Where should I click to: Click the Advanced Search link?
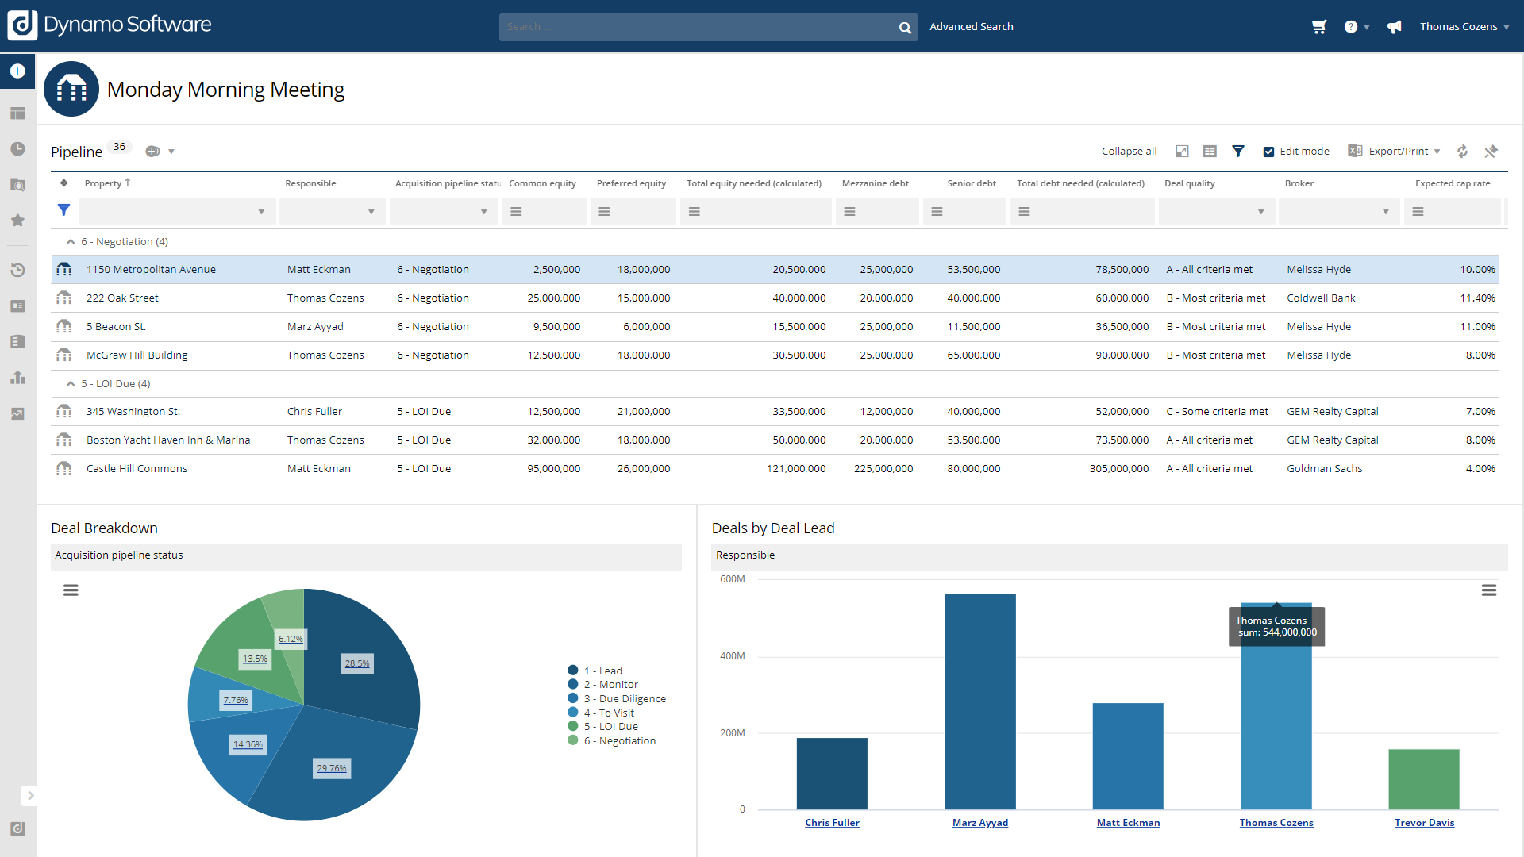971,27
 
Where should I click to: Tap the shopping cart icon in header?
1319,27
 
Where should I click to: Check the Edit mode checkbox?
1268,152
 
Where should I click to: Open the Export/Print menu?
1398,152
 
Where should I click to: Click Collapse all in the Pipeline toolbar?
1129,152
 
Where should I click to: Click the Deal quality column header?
1189,183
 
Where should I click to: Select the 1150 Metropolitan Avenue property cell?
151,270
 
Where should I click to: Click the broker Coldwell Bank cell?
1321,298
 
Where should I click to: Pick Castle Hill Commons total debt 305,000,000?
1118,469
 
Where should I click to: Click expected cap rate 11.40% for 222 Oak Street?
1477,298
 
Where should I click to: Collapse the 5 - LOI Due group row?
71,384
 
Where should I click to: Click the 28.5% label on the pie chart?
357,663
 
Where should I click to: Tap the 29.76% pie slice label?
332,768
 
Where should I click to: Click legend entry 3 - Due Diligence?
625,699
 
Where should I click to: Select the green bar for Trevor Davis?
1424,779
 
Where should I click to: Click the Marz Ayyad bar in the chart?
980,702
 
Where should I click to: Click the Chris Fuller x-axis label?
832,823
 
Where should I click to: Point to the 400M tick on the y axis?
732,656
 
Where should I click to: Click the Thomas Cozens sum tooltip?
1276,627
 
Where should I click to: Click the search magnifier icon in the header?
904,28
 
